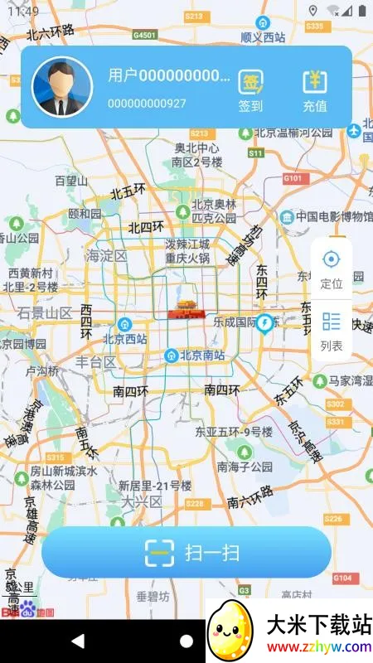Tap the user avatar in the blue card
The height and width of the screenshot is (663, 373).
pos(62,87)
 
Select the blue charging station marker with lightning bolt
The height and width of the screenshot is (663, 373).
pos(265,323)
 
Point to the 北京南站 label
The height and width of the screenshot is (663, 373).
pos(204,356)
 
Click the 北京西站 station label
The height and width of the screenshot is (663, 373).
pos(124,338)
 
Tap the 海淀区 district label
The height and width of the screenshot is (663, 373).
pos(107,255)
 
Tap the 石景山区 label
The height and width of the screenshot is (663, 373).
pos(46,312)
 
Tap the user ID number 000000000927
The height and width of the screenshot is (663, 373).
pos(147,104)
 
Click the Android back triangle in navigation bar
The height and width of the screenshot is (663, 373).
pos(78,641)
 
